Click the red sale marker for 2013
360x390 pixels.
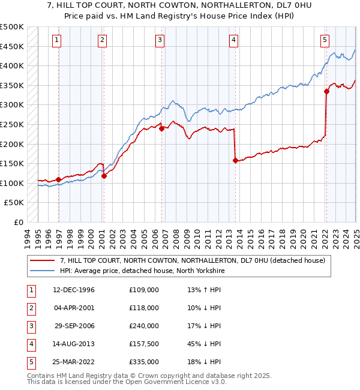pos(235,160)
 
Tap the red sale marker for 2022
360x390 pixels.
pos(327,91)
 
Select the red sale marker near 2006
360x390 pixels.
pos(161,128)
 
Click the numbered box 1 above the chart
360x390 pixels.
pos(56,40)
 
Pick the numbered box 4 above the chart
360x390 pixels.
pos(233,40)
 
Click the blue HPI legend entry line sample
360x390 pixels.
pos(42,271)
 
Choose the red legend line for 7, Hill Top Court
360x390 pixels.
pos(42,260)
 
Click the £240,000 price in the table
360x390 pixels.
pos(144,326)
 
